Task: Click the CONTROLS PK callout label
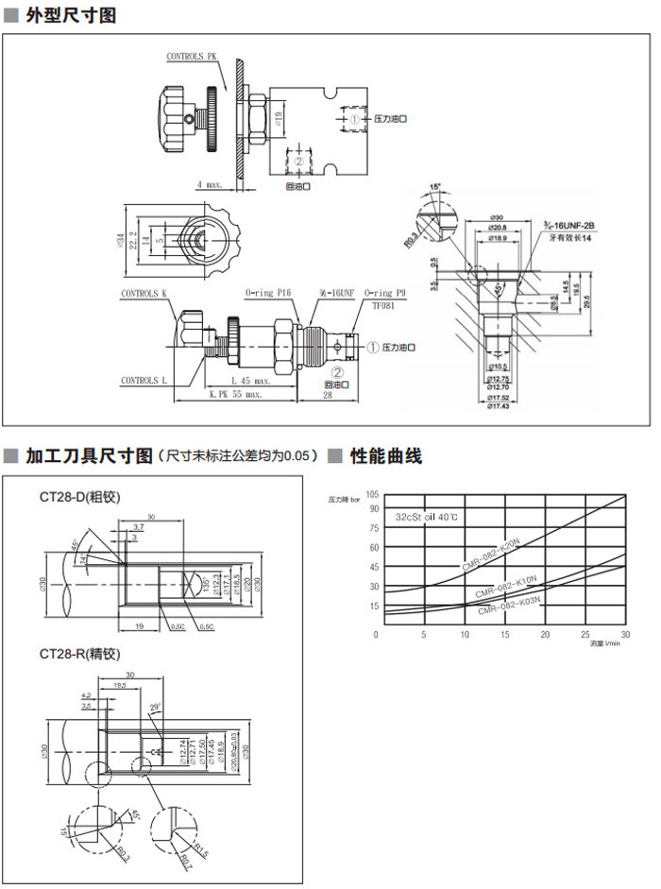[x=192, y=58]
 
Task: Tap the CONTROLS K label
[x=143, y=294]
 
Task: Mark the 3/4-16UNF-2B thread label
[x=568, y=226]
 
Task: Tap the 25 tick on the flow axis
[x=585, y=635]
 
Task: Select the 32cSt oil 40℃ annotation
[x=427, y=517]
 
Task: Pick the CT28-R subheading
[x=79, y=653]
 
